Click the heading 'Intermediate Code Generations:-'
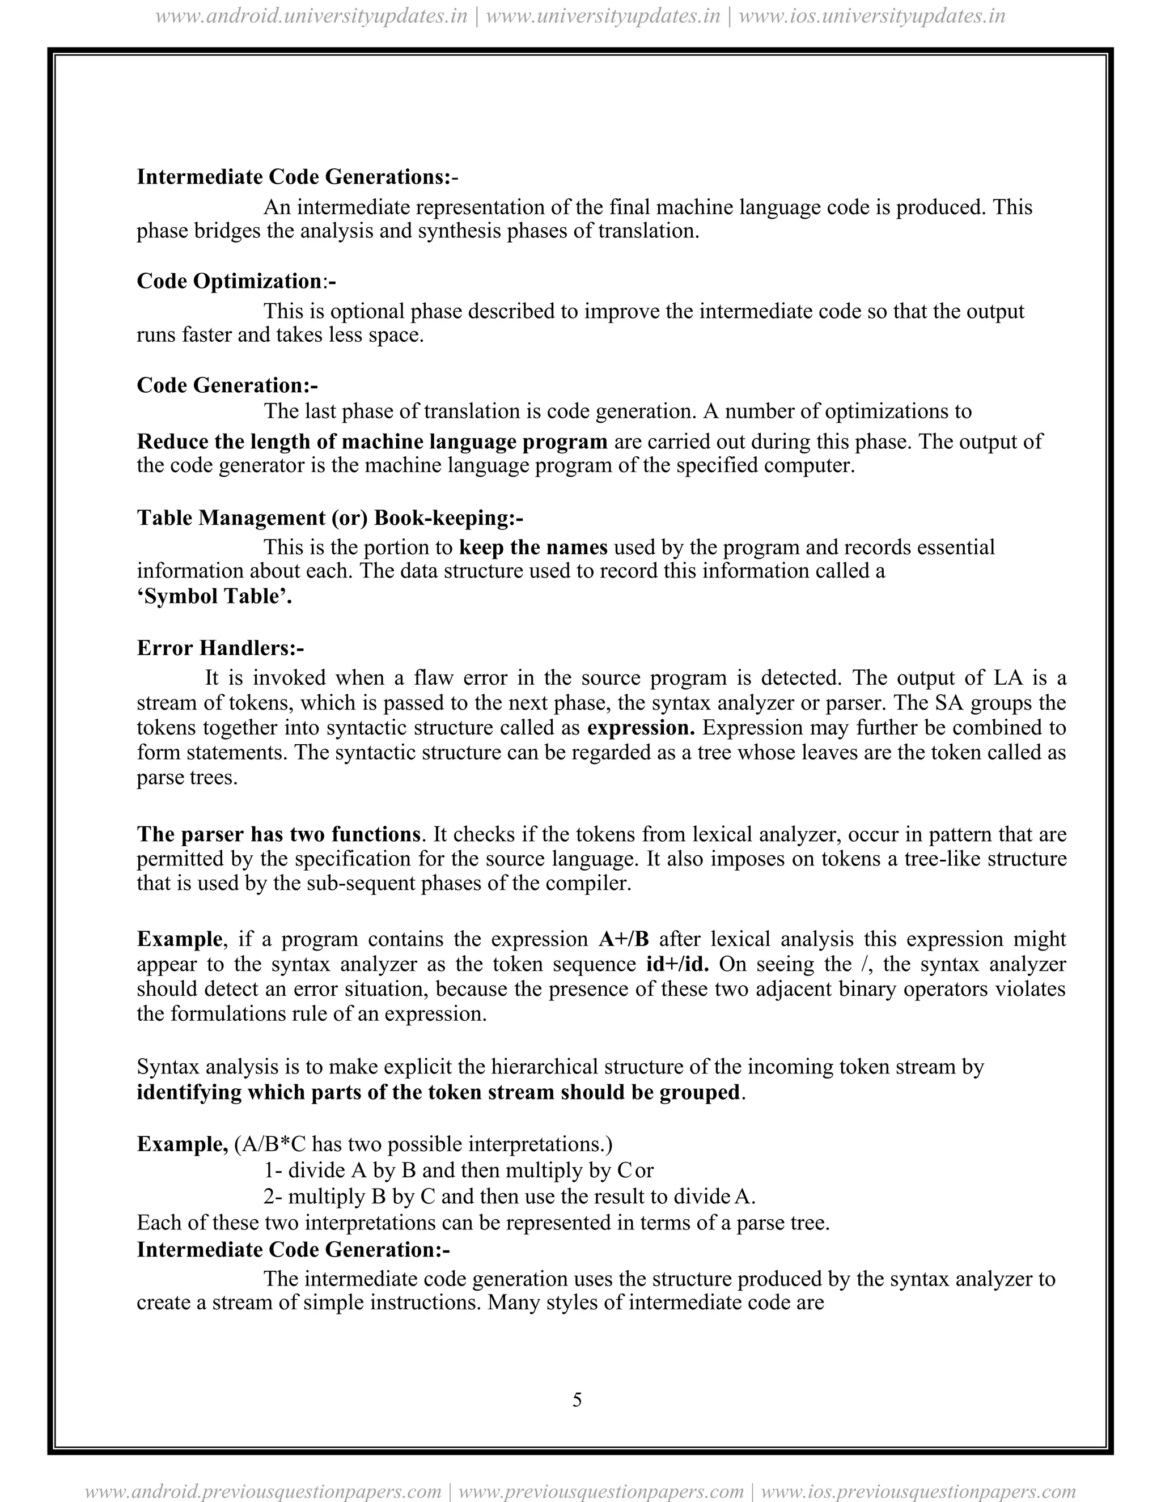(x=297, y=177)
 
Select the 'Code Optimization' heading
(x=236, y=281)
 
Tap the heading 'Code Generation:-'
(x=227, y=384)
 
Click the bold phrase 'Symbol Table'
(x=214, y=596)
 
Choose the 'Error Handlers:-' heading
(x=220, y=648)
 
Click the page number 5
(x=577, y=1399)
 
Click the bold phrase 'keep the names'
(x=533, y=548)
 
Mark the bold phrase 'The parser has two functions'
(x=278, y=834)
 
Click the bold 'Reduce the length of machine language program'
(x=372, y=441)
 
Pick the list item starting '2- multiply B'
(x=509, y=1196)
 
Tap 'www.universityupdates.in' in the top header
(x=603, y=16)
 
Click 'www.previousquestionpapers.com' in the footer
(x=600, y=1491)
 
